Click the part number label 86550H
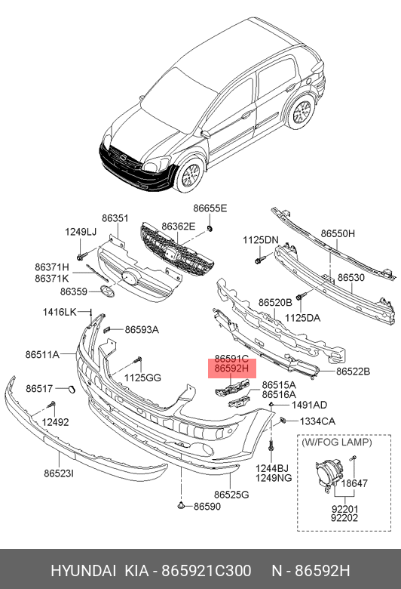tap(338, 233)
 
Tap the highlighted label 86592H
tap(231, 369)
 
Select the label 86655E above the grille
tap(210, 208)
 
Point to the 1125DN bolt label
tap(261, 239)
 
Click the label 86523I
tap(59, 473)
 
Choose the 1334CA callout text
tap(317, 421)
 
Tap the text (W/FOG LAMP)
tap(336, 442)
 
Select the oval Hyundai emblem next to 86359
tap(107, 291)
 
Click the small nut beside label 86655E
tap(210, 228)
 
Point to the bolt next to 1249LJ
tap(81, 257)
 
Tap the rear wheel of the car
tap(302, 112)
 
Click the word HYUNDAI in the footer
tap(83, 571)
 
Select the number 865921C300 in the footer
tap(206, 571)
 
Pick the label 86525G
tap(231, 495)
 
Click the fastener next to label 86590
tap(181, 506)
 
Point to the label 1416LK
tap(60, 312)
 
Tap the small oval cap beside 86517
tap(71, 389)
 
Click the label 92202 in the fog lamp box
tap(344, 518)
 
